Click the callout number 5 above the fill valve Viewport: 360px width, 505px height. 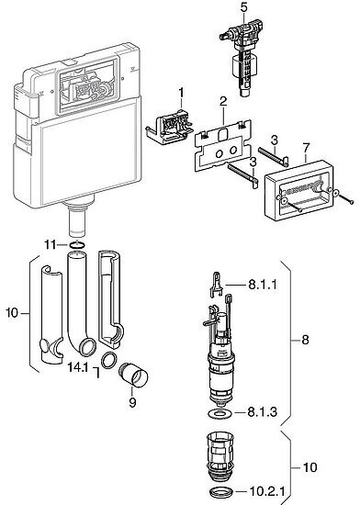click(x=244, y=7)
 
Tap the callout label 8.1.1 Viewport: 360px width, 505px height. click(x=262, y=285)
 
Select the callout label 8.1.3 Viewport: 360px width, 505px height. click(x=262, y=412)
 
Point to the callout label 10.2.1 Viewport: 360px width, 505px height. click(x=267, y=491)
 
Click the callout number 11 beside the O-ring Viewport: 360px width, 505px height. click(x=51, y=245)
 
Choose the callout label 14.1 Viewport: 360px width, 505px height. click(x=78, y=367)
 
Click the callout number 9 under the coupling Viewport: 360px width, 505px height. click(x=132, y=402)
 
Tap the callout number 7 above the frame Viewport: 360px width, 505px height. click(x=306, y=148)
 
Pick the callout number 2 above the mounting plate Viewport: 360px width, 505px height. click(x=223, y=101)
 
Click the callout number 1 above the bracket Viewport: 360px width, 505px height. click(x=181, y=93)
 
